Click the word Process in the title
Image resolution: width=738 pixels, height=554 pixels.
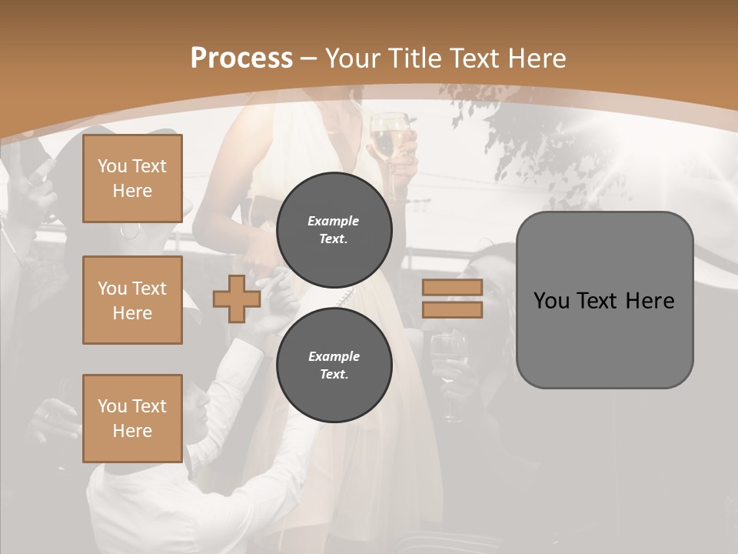coord(241,58)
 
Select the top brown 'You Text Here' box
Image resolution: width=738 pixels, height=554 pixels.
coord(132,179)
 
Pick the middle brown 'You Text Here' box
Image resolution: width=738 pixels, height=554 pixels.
coord(132,300)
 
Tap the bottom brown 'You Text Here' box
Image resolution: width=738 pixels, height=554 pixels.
coord(132,419)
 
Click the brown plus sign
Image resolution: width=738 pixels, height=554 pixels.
coord(236,299)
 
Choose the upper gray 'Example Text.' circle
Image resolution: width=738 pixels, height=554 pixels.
coord(334,230)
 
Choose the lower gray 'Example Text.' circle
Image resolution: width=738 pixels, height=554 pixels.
coord(334,365)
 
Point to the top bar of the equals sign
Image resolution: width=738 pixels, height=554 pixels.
coord(452,288)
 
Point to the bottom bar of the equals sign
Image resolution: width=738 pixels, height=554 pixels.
coord(452,309)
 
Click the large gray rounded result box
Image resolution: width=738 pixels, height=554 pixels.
coord(604,300)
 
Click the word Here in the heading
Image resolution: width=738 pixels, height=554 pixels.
coord(537,58)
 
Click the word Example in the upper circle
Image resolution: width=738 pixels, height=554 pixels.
coord(333,221)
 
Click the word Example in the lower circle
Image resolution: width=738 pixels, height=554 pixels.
coord(334,356)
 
